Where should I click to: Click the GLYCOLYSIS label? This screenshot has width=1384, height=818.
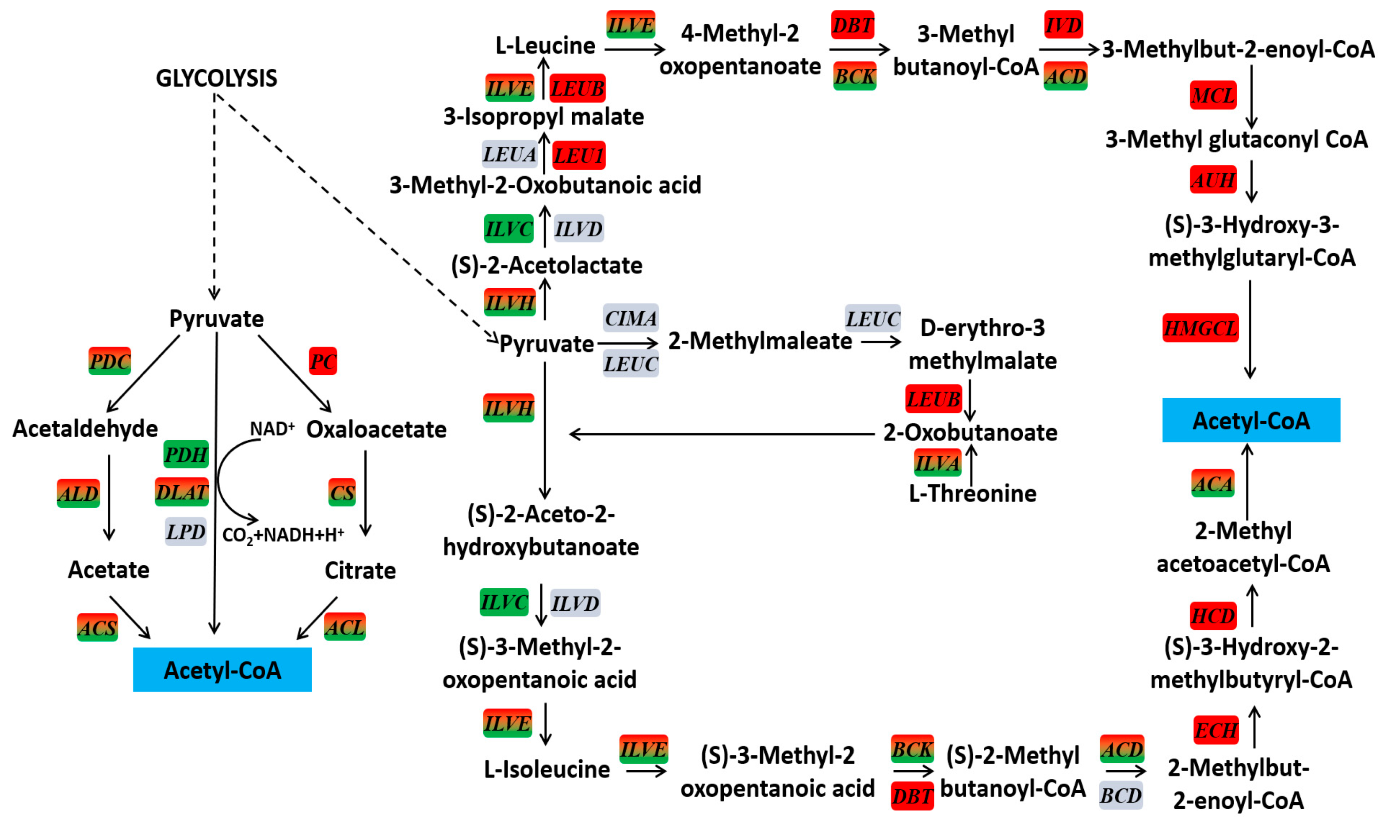pyautogui.click(x=216, y=78)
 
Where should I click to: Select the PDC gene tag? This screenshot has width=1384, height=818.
pyautogui.click(x=110, y=361)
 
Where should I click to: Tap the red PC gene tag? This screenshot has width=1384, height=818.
pyautogui.click(x=323, y=361)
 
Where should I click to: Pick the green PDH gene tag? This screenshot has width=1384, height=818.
pyautogui.click(x=186, y=454)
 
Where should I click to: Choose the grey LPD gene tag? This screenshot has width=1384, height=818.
pyautogui.click(x=186, y=532)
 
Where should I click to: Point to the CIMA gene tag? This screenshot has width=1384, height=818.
pyautogui.click(x=630, y=318)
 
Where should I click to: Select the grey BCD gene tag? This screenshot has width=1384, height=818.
pyautogui.click(x=1120, y=795)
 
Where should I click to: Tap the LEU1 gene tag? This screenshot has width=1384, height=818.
pyautogui.click(x=578, y=156)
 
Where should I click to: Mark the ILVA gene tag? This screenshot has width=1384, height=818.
pyautogui.click(x=937, y=463)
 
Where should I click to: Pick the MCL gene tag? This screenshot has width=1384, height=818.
pyautogui.click(x=1212, y=96)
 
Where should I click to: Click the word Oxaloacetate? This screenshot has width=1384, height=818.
pyautogui.click(x=376, y=430)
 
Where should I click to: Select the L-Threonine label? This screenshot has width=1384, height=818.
pyautogui.click(x=972, y=493)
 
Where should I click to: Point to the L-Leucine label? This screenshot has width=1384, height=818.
pyautogui.click(x=545, y=46)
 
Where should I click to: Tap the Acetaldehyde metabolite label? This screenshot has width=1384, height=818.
pyautogui.click(x=85, y=429)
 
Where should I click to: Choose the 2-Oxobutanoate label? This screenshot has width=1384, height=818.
pyautogui.click(x=970, y=433)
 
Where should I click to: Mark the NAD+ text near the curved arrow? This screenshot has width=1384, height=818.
pyautogui.click(x=272, y=429)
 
